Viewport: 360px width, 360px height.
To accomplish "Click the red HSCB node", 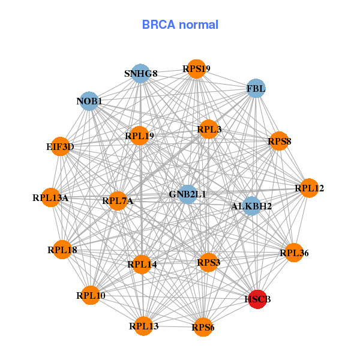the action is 257,299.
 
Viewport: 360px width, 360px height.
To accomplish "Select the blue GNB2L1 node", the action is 188,194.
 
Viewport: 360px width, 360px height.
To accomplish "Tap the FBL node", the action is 256,88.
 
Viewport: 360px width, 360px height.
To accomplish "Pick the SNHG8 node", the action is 140,73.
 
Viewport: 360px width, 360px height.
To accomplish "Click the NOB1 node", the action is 89,101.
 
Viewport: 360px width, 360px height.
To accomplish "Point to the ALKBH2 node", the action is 252,206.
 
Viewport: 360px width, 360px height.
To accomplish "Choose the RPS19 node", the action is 196,69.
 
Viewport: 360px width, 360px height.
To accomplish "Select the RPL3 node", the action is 208,129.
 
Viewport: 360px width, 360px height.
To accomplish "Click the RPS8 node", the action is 279,141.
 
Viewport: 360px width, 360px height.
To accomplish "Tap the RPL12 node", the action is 309,188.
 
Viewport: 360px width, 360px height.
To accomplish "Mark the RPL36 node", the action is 294,253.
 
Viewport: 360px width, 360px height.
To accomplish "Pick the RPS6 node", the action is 203,327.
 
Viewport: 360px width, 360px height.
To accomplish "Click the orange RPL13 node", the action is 143,326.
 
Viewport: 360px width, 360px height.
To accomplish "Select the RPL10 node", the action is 91,295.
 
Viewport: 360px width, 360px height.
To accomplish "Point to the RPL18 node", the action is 62,250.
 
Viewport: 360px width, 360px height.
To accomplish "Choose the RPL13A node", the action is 50,197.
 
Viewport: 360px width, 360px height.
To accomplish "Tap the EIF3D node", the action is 60,146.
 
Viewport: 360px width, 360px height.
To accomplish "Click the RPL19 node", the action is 139,136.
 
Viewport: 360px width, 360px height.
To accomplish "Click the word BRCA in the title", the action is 159,25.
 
